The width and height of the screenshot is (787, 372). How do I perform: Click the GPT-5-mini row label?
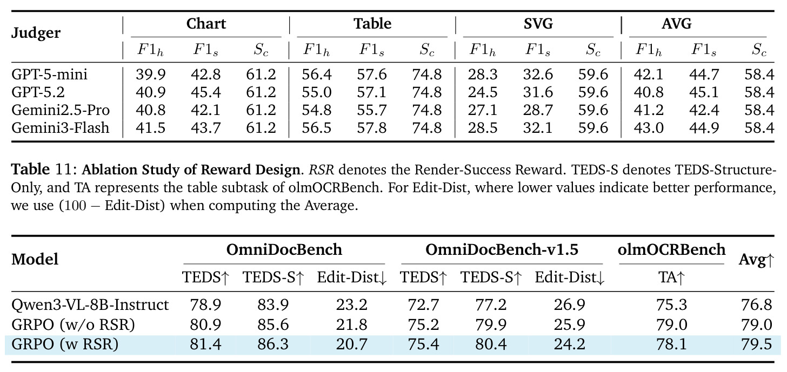click(x=49, y=75)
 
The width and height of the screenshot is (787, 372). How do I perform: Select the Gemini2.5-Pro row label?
click(x=61, y=110)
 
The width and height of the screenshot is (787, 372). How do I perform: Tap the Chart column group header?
click(x=206, y=24)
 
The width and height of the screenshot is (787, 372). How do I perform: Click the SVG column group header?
click(x=538, y=24)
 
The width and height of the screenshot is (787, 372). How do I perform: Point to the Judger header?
click(x=36, y=33)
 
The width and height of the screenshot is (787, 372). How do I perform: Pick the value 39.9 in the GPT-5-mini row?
click(x=150, y=75)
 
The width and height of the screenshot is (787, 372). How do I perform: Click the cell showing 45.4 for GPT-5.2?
click(x=205, y=92)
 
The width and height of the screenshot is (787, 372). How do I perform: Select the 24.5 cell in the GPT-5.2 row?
click(x=482, y=92)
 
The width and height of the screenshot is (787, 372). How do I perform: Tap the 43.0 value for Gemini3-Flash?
click(x=649, y=128)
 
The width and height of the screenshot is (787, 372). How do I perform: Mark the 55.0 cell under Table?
click(x=317, y=92)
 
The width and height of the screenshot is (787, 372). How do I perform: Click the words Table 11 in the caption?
click(x=44, y=170)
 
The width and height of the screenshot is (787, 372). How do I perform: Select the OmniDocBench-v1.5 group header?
click(x=502, y=250)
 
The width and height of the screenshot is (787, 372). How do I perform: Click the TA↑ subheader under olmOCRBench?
click(x=671, y=278)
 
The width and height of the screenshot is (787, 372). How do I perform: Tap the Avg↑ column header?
click(x=756, y=260)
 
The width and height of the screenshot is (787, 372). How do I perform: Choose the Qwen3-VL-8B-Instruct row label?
click(x=90, y=305)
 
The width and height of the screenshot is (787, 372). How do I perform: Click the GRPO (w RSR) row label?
click(x=65, y=344)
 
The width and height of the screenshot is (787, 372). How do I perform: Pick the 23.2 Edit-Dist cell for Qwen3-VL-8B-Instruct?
click(x=352, y=305)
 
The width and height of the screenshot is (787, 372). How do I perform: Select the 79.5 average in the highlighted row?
click(x=756, y=344)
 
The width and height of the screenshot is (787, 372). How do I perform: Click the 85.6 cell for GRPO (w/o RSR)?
click(x=273, y=325)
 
